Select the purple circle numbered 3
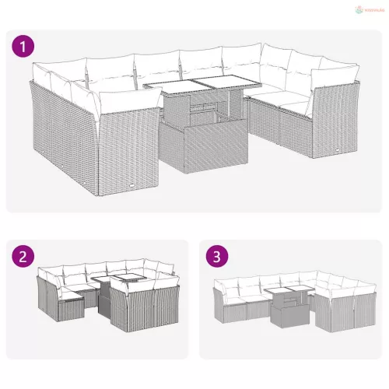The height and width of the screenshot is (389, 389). coord(216,257)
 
